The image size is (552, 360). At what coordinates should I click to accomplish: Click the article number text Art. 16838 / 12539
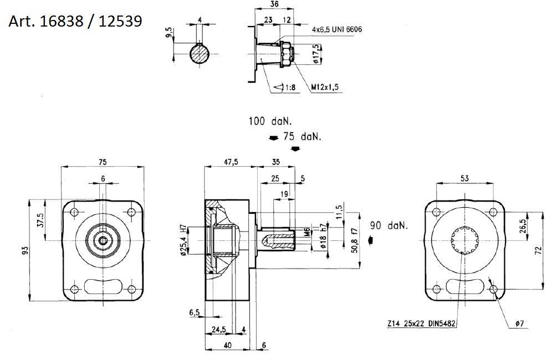[75, 22]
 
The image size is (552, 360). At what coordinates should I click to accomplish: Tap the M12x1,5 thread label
[325, 87]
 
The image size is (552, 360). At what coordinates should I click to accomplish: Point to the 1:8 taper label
[289, 87]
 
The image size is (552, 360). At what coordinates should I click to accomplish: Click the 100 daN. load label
[270, 120]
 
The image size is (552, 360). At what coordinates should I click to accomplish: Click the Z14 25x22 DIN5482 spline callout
[421, 323]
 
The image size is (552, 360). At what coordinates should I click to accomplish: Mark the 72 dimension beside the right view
[539, 250]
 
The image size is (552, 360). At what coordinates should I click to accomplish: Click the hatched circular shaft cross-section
[200, 54]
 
